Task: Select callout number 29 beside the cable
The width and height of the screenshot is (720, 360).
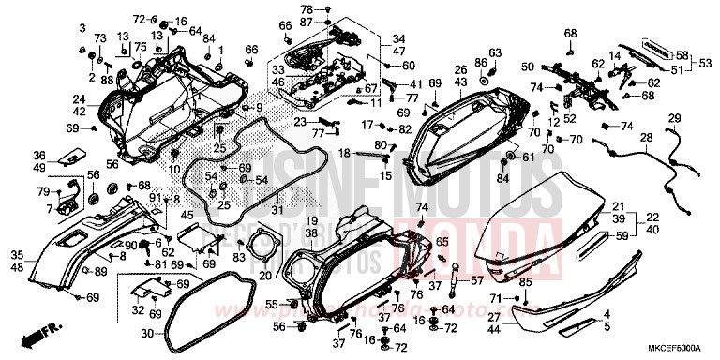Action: click(673, 116)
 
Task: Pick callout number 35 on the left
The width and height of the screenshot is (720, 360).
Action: click(18, 254)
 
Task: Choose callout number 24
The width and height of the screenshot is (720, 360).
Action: click(80, 98)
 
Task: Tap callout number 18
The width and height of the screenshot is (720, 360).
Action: click(345, 152)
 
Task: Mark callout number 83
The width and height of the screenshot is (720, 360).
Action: click(239, 258)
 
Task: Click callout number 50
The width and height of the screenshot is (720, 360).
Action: click(528, 66)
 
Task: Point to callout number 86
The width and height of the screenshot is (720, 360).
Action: click(480, 62)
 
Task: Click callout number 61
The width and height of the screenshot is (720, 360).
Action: click(528, 157)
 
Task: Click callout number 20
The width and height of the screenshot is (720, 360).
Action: click(264, 275)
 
